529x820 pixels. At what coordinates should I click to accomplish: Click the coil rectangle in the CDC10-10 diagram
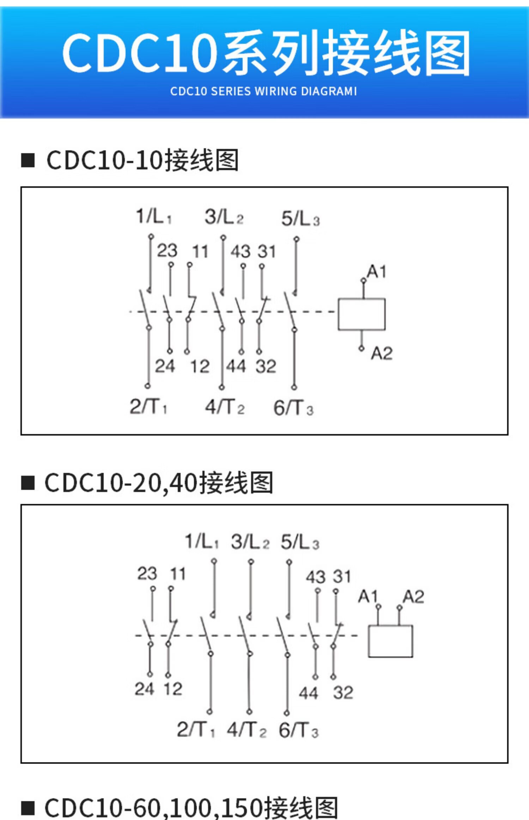pyautogui.click(x=361, y=314)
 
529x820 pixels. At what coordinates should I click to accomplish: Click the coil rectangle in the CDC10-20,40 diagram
pyautogui.click(x=390, y=641)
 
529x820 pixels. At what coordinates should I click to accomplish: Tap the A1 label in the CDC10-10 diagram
pyautogui.click(x=377, y=272)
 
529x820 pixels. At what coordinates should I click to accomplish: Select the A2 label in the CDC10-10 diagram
pyautogui.click(x=382, y=353)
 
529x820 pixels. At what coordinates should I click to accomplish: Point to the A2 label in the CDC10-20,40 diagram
pyautogui.click(x=413, y=597)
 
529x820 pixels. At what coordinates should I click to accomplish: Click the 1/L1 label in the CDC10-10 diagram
pyautogui.click(x=154, y=216)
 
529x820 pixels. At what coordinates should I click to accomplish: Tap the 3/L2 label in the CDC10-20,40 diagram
pyautogui.click(x=250, y=541)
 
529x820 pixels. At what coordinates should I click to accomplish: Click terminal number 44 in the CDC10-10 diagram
pyautogui.click(x=236, y=366)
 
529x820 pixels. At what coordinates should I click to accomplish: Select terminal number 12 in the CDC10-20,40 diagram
pyautogui.click(x=173, y=689)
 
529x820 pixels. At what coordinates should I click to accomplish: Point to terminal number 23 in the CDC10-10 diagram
pyautogui.click(x=167, y=251)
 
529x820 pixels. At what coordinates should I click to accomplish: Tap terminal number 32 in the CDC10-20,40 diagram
pyautogui.click(x=343, y=693)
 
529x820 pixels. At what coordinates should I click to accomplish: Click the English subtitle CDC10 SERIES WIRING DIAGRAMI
pyautogui.click(x=263, y=91)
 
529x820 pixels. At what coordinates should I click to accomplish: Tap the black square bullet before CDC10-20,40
pyautogui.click(x=28, y=483)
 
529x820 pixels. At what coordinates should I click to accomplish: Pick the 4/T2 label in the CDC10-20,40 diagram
pyautogui.click(x=247, y=729)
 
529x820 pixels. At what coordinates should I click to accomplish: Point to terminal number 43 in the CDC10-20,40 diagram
pyautogui.click(x=316, y=577)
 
